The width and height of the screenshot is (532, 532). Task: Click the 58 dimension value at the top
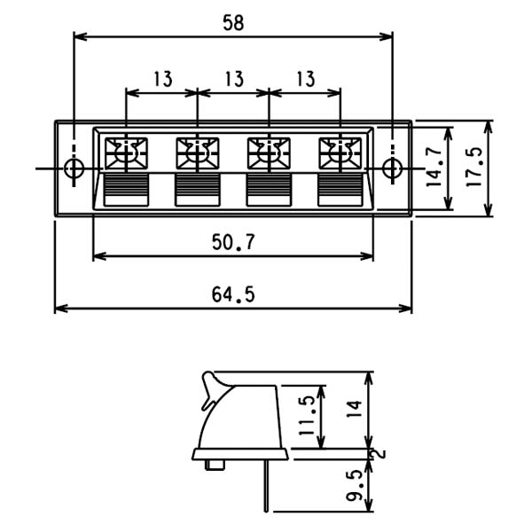click(x=233, y=23)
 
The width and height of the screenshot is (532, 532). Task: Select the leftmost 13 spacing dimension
click(x=163, y=79)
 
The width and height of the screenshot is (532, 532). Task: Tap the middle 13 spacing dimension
click(x=234, y=79)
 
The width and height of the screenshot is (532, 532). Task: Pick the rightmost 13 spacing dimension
click(x=306, y=79)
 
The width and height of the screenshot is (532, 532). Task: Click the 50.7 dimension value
click(x=233, y=242)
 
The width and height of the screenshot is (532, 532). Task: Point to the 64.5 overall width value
click(x=233, y=294)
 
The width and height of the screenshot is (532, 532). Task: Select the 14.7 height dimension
click(x=434, y=167)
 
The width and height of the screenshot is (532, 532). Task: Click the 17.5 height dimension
click(x=474, y=167)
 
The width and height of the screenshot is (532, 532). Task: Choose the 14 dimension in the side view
click(x=354, y=410)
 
